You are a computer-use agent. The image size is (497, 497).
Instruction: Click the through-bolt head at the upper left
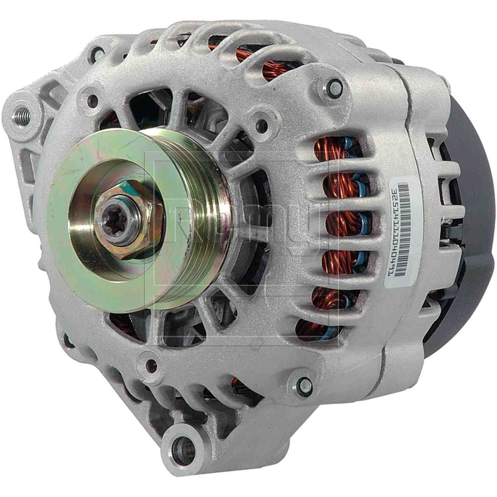99,52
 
